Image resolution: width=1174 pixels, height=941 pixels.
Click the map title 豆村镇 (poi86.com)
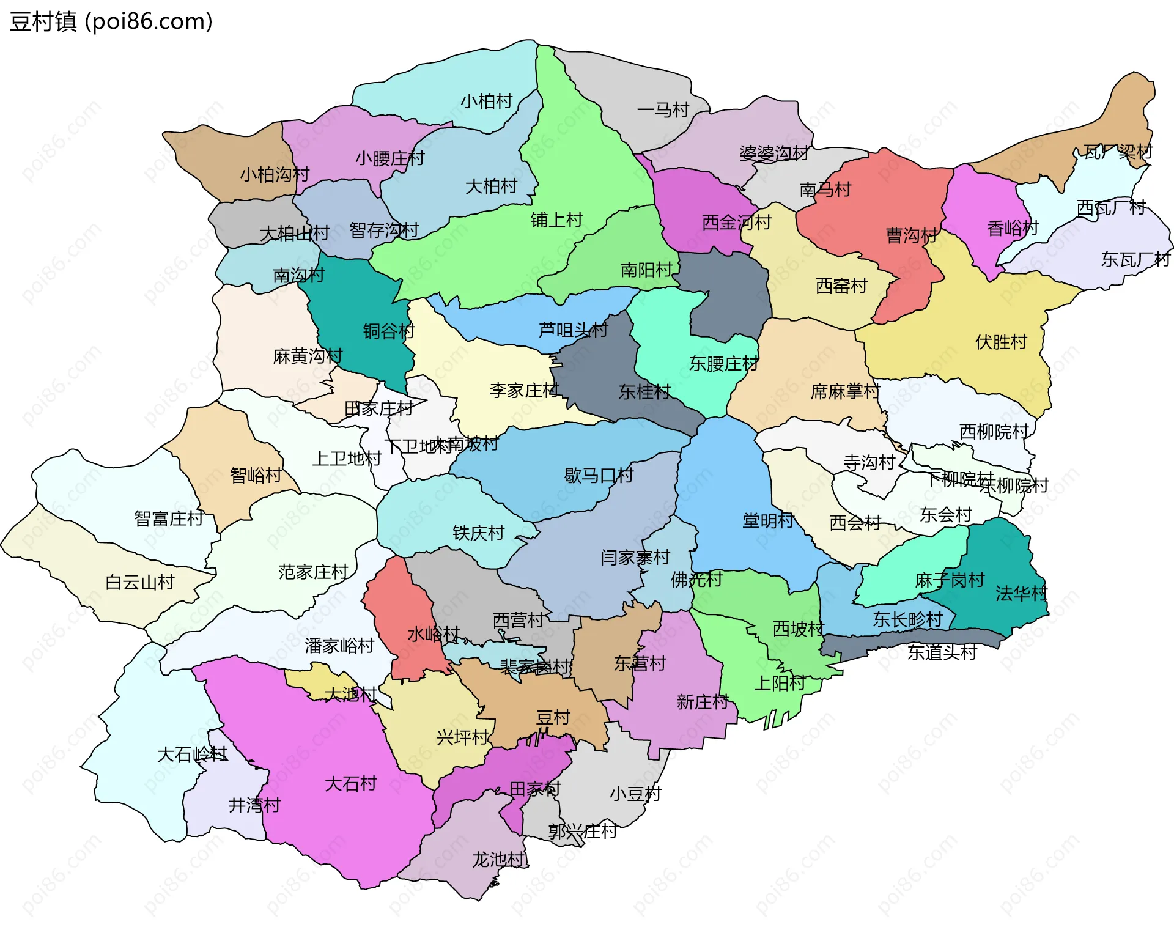[111, 22]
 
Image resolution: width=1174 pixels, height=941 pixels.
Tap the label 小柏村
[486, 101]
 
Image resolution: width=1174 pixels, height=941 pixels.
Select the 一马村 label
[663, 110]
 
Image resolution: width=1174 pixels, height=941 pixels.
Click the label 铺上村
[556, 220]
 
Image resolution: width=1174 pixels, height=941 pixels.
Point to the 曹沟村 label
[912, 235]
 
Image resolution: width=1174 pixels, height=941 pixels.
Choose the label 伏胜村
[1001, 342]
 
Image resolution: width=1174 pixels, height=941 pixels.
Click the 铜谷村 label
[388, 331]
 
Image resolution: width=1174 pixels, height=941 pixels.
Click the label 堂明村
[768, 521]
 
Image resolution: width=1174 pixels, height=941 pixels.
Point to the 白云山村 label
[140, 582]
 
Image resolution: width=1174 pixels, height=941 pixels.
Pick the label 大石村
[350, 784]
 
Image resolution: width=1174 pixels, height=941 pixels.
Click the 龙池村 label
[498, 860]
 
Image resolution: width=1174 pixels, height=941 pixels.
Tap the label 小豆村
[635, 794]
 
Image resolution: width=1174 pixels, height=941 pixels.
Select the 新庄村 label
[703, 702]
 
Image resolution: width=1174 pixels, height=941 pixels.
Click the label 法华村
[1021, 594]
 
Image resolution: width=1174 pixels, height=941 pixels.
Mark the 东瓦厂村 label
[1135, 260]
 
